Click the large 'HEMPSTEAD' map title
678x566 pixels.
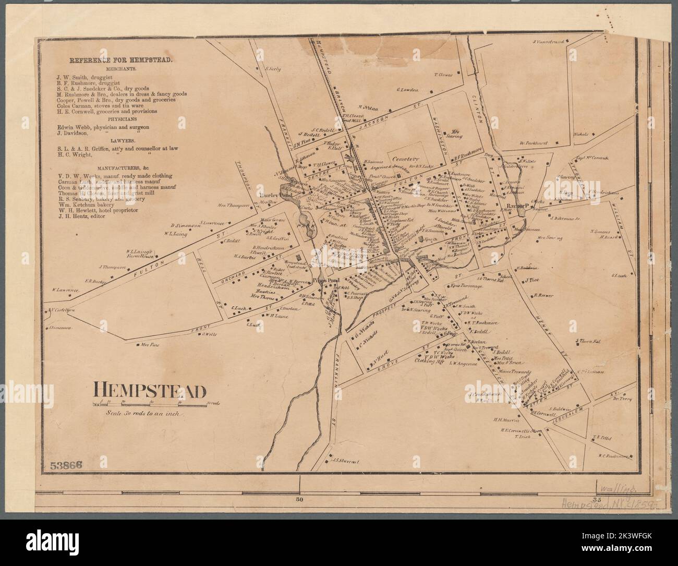pyautogui.click(x=150, y=391)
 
